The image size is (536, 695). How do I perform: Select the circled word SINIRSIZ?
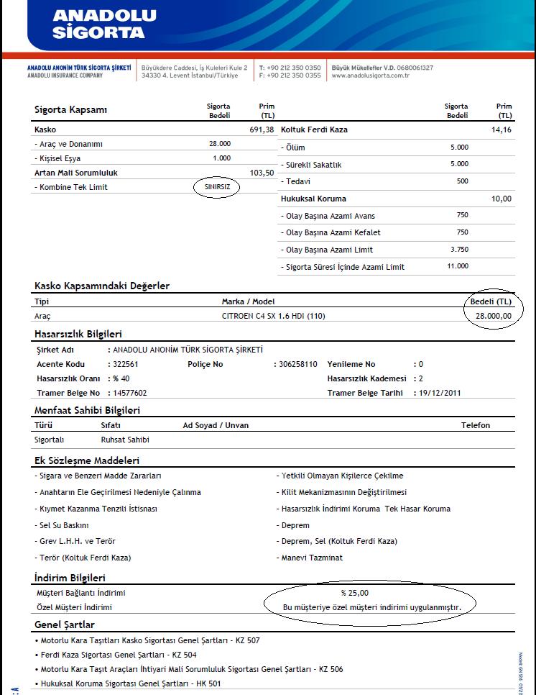(216, 187)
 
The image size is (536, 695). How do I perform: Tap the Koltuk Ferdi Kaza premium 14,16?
(501, 130)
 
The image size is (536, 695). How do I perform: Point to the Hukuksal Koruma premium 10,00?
(502, 199)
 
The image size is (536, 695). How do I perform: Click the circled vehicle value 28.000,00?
(492, 315)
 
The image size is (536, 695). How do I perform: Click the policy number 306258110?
(298, 364)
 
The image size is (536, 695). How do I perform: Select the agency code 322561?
(126, 364)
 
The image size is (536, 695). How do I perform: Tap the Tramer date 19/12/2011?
(440, 393)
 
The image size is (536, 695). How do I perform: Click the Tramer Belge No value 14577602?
(131, 393)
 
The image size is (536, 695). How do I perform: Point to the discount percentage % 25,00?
(354, 593)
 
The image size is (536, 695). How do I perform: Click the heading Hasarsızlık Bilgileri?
(78, 334)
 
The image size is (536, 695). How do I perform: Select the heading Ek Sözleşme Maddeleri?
(87, 460)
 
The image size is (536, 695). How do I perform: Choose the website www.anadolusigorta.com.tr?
(370, 75)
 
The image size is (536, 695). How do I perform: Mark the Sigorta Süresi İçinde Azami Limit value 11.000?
(457, 266)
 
